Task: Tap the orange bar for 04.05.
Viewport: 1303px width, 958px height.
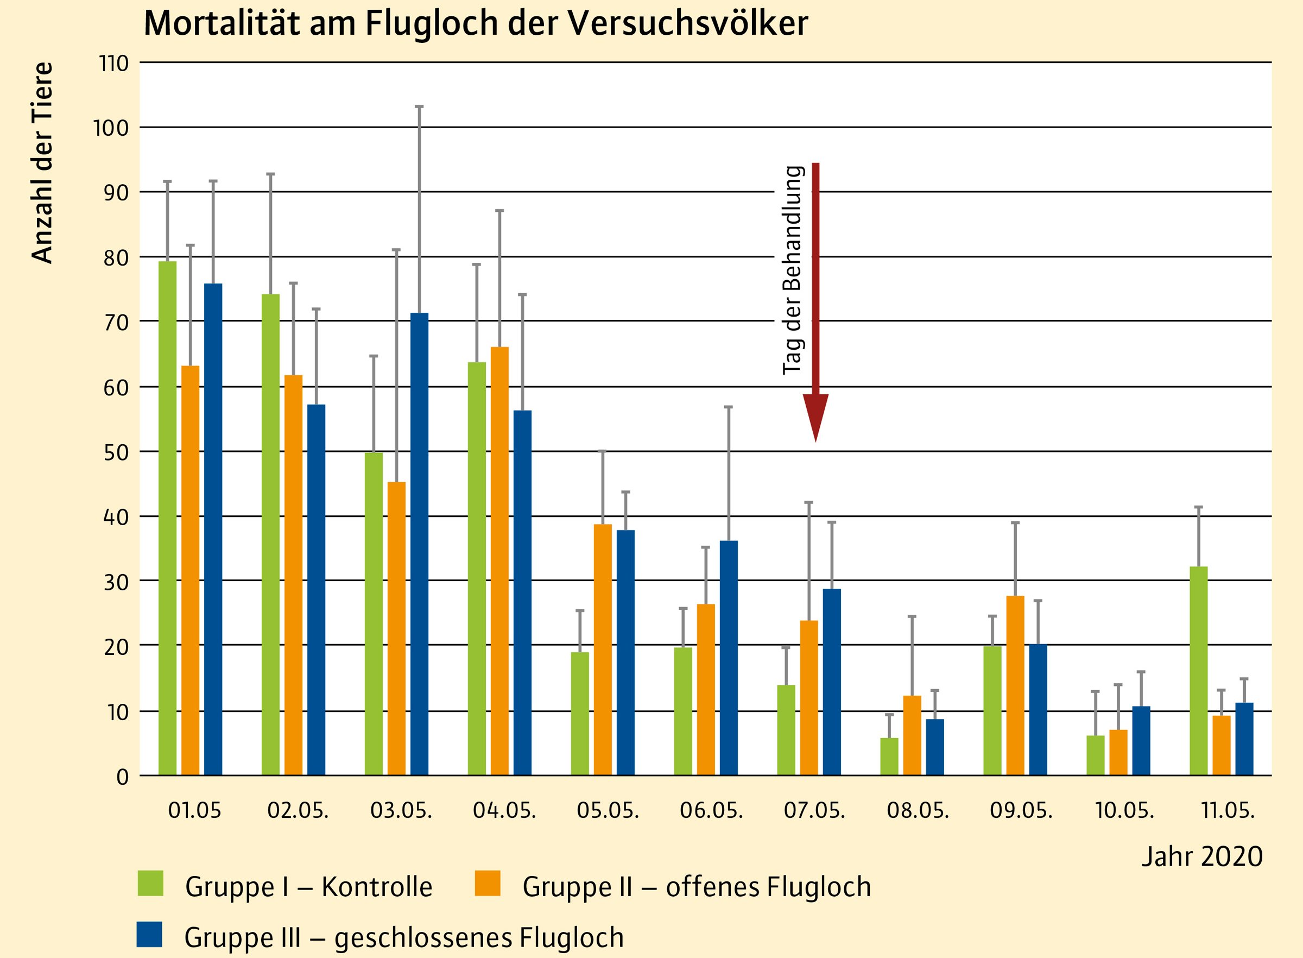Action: tap(499, 561)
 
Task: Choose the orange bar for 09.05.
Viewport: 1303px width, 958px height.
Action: tap(1015, 685)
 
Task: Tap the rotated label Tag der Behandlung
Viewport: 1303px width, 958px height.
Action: tap(792, 270)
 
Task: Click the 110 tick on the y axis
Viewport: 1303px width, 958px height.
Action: tap(113, 63)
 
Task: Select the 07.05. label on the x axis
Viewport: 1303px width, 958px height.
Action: tap(814, 810)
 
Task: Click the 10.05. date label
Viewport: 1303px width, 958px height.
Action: tap(1124, 810)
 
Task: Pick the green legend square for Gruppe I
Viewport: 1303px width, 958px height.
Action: tap(151, 883)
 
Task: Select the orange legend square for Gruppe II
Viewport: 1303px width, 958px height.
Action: tap(487, 883)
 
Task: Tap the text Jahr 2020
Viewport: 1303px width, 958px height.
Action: tap(1201, 856)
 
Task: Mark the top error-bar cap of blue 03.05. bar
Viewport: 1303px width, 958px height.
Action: tap(419, 106)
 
